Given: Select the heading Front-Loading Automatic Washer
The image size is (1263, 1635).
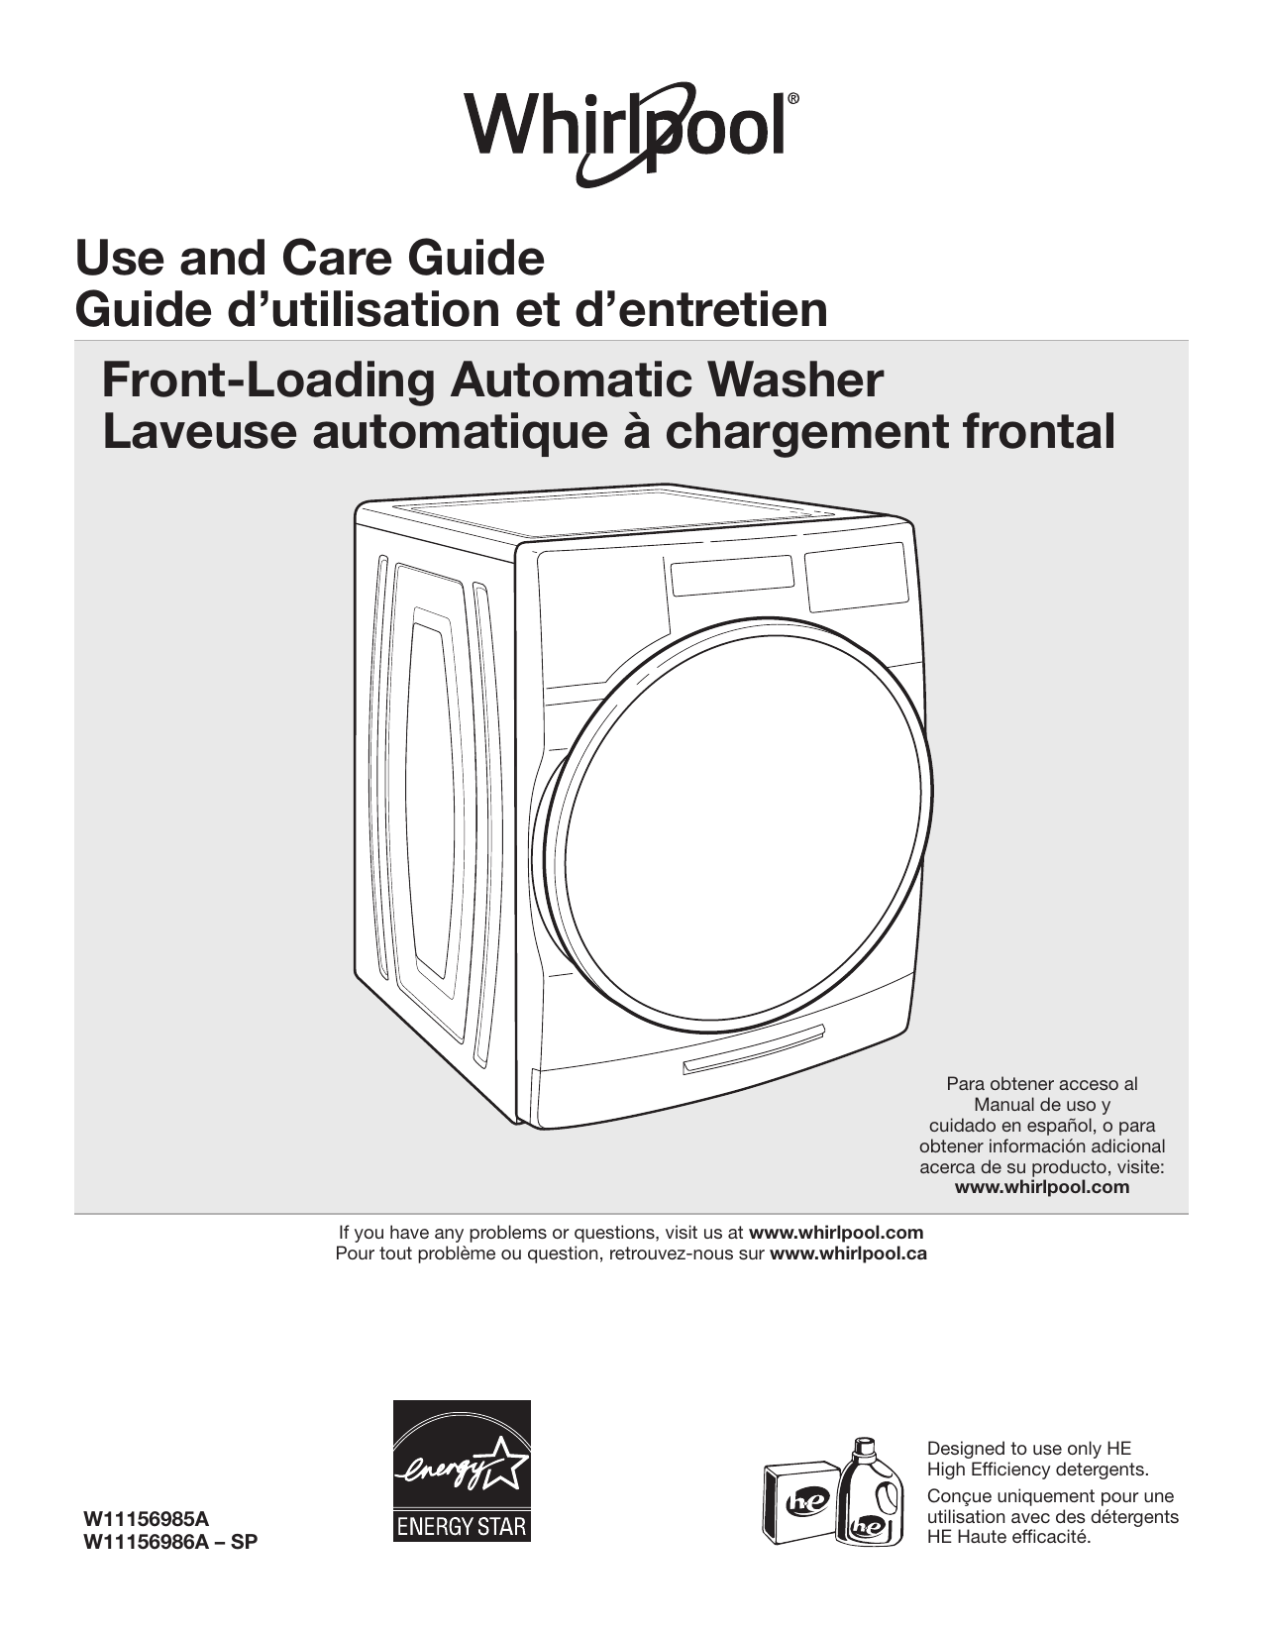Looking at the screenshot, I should [x=492, y=381].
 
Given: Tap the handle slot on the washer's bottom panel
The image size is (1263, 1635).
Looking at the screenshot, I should [x=753, y=1049].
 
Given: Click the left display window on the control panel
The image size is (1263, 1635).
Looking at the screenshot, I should [x=732, y=575].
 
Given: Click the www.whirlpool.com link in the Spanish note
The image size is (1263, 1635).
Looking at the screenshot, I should [x=1041, y=1187].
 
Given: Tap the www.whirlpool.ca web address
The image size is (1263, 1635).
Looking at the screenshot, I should [x=848, y=1253].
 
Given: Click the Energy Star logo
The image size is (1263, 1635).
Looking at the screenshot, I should [x=462, y=1471].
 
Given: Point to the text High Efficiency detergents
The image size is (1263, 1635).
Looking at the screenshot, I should [x=1037, y=1469].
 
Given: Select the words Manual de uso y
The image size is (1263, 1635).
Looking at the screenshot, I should [x=1041, y=1104].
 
